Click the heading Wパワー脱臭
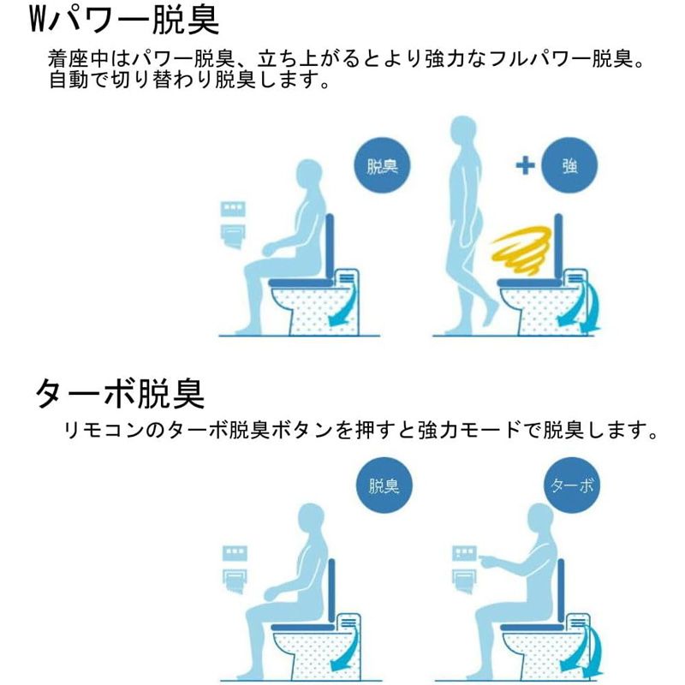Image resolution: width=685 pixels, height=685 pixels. (x=124, y=20)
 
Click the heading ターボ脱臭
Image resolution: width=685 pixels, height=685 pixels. (x=120, y=394)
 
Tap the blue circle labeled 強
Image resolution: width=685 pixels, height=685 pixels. (x=569, y=165)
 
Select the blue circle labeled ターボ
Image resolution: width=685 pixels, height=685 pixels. (x=572, y=485)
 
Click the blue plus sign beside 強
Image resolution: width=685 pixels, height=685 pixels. (x=525, y=166)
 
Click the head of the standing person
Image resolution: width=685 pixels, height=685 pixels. (x=463, y=130)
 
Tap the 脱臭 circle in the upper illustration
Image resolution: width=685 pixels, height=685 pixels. (x=382, y=165)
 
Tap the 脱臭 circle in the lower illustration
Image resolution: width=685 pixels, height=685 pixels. (x=384, y=485)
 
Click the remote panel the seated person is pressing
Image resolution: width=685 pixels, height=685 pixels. (x=464, y=554)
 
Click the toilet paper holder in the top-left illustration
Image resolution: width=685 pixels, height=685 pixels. (x=233, y=236)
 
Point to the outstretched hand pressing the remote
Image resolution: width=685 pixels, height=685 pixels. (x=488, y=561)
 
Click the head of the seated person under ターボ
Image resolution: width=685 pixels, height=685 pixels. (x=540, y=519)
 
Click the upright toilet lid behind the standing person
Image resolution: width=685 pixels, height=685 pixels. (x=558, y=247)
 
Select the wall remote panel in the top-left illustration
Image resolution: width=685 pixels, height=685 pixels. (x=233, y=208)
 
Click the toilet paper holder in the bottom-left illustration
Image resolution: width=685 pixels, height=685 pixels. (x=235, y=581)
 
